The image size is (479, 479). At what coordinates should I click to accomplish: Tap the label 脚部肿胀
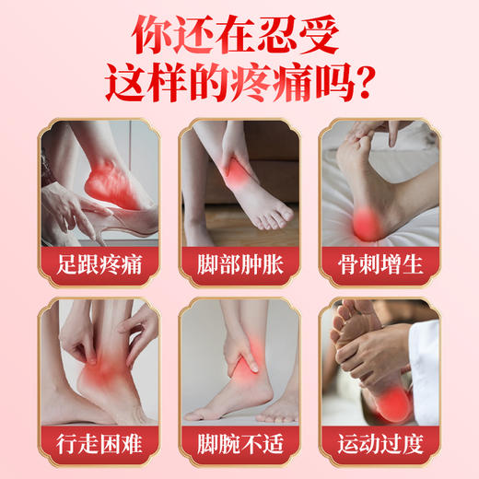tap(239, 265)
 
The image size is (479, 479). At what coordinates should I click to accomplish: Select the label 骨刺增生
tap(379, 265)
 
